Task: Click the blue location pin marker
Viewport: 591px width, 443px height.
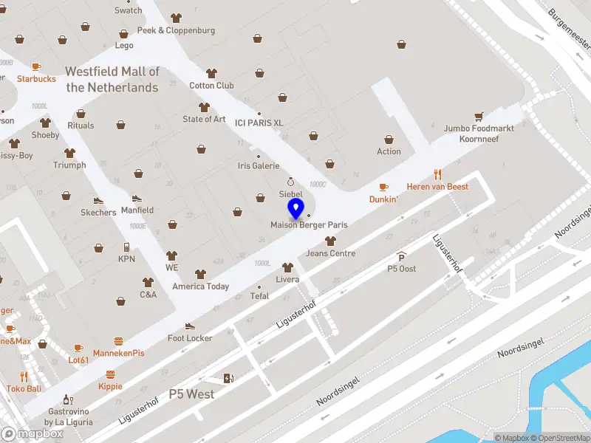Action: (x=296, y=209)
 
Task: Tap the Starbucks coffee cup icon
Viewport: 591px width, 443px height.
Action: (x=37, y=67)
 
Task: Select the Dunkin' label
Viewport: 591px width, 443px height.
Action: (x=383, y=199)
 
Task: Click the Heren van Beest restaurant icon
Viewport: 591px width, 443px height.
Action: (x=438, y=175)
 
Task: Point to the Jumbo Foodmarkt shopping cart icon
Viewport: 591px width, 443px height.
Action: (x=479, y=116)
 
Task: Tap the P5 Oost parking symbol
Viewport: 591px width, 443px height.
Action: (x=402, y=257)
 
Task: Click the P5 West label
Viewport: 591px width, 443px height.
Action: (x=191, y=394)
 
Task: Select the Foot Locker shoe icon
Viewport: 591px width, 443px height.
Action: (x=190, y=326)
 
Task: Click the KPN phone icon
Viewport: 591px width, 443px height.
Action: (x=126, y=247)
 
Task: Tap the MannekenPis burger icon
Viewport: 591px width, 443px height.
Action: (x=118, y=341)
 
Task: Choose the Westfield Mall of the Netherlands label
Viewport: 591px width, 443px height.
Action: (x=112, y=80)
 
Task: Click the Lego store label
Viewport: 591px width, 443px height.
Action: (x=124, y=45)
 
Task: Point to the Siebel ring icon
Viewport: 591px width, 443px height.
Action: (x=291, y=182)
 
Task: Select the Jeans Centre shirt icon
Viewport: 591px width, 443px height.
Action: (x=330, y=241)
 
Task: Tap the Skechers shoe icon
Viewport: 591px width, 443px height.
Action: (x=98, y=200)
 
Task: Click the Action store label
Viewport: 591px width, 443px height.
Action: (x=389, y=151)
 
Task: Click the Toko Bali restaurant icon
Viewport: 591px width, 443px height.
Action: (x=24, y=377)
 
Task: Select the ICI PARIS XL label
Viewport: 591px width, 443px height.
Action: (x=259, y=123)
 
